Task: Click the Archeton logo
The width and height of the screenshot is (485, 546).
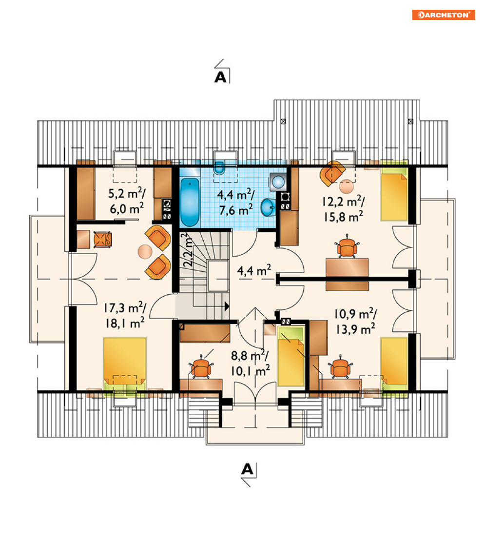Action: point(444,15)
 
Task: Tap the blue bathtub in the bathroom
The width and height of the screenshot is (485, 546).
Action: point(190,202)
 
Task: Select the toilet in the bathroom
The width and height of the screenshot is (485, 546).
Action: point(219,168)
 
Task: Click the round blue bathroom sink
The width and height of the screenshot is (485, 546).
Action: point(268,207)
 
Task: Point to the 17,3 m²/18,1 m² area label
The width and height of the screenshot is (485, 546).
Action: point(125,316)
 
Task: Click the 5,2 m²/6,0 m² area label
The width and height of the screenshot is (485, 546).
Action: point(127,201)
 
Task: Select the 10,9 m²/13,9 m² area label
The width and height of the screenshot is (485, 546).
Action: point(355,322)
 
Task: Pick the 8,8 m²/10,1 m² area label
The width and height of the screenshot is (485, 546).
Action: point(250,363)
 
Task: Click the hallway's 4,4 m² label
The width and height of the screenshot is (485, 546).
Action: point(254,271)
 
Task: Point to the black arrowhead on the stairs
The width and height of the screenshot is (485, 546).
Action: point(227,306)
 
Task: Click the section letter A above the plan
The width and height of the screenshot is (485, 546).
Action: point(221,77)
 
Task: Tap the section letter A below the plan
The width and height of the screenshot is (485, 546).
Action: point(247,469)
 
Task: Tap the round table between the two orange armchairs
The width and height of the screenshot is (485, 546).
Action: point(145,251)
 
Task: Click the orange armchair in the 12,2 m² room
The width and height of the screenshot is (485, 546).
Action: point(332,173)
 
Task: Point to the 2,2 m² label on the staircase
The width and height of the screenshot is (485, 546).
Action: point(188,250)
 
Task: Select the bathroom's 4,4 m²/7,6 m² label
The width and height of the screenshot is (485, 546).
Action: point(236,202)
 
